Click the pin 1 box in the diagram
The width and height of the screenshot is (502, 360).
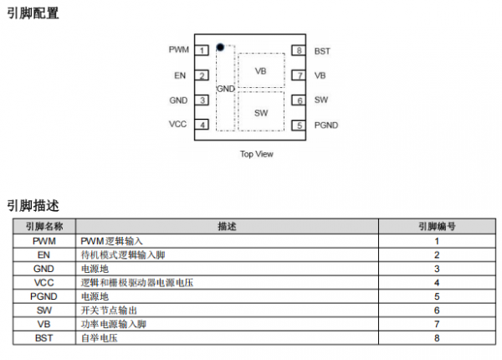202,50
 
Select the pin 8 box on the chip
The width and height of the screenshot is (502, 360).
299,50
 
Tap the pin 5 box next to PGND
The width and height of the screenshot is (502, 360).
299,126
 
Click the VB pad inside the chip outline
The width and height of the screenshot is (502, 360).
260,72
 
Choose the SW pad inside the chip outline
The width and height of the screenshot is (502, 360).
260,112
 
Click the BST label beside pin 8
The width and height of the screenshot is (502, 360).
322,51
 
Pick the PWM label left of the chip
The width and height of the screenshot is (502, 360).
178,50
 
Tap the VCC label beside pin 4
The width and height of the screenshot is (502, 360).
177,125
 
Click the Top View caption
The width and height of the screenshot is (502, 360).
256,154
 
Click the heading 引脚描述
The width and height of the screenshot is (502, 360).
33,205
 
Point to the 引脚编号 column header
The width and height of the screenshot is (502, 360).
436,227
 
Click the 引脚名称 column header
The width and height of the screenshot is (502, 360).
44,227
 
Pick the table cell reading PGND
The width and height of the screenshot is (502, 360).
44,296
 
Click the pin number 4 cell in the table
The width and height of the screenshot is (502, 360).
436,283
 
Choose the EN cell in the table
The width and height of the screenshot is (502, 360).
44,255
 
